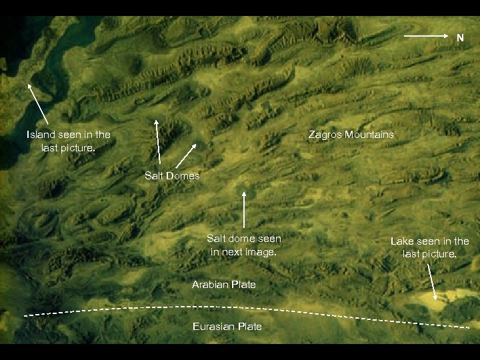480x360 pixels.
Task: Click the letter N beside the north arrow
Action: [460, 39]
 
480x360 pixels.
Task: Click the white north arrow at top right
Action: [427, 33]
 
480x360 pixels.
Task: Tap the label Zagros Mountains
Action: [351, 135]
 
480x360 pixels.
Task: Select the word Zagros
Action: [325, 135]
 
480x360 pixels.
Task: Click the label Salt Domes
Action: [172, 176]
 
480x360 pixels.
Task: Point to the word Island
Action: [41, 135]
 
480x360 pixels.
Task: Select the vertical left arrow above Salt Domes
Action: [158, 141]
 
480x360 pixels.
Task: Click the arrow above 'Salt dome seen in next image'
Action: [245, 209]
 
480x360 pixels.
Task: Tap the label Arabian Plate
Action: [224, 285]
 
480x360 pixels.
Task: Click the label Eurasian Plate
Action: [227, 327]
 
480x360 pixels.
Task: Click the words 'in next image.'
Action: [243, 251]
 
